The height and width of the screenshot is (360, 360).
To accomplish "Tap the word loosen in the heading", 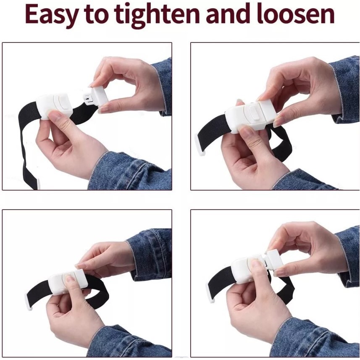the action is (x=295, y=14).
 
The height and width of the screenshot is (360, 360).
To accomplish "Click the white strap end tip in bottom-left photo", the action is (x=28, y=302).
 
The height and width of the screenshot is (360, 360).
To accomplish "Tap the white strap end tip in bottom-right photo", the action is (x=211, y=293).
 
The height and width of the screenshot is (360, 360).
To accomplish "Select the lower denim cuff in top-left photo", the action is (x=129, y=171).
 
